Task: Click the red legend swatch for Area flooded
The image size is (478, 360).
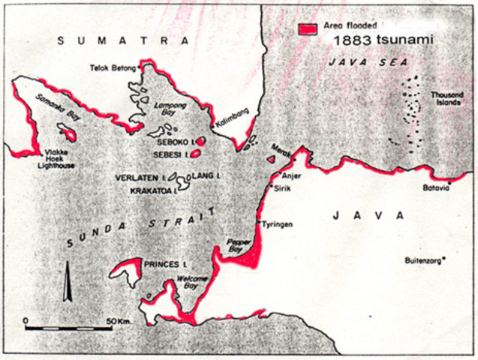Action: (x=307, y=28)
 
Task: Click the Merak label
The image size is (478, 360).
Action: (x=281, y=150)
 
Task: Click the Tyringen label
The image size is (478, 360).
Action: (x=278, y=224)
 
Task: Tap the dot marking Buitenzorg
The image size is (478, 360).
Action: (x=444, y=259)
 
